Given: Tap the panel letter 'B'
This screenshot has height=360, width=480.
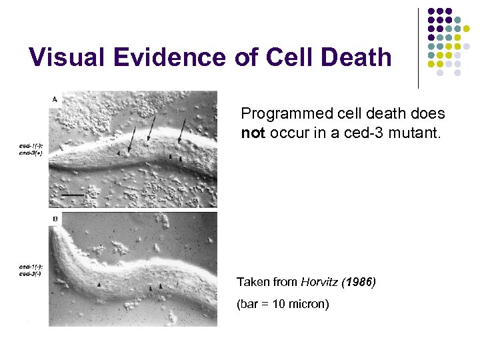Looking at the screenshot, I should pos(54,218).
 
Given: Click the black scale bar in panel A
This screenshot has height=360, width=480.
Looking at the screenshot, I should pos(74,195).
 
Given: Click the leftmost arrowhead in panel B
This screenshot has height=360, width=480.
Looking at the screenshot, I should pos(100,284).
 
